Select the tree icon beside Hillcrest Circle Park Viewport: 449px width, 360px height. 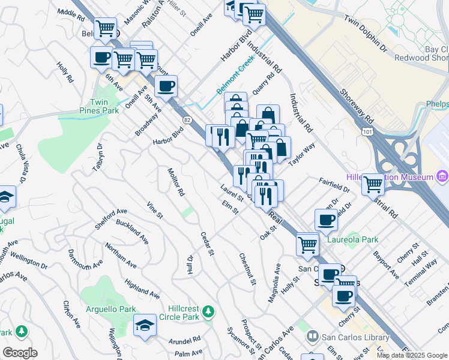208,312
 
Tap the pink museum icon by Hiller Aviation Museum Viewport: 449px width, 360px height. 443,176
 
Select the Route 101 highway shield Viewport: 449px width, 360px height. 366,130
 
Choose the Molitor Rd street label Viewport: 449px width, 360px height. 176,182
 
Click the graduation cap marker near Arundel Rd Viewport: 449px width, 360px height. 145,325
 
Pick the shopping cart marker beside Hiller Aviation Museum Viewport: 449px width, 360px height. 373,184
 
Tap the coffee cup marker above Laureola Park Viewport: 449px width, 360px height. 326,220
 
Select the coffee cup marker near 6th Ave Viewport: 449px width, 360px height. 101,58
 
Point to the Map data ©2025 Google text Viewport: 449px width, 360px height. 412,355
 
